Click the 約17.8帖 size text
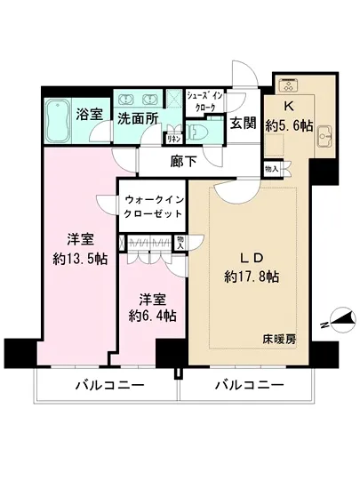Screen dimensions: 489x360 (x=250, y=277)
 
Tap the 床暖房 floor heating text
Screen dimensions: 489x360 (x=279, y=339)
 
